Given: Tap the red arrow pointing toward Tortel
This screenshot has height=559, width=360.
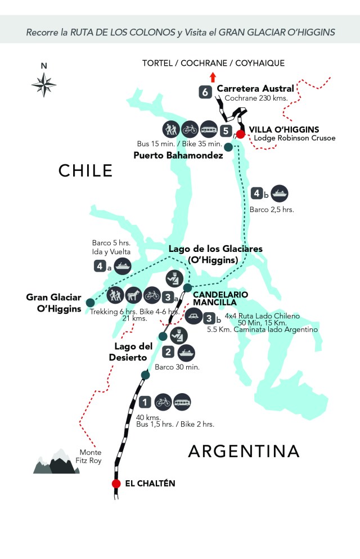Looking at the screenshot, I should [x=212, y=77].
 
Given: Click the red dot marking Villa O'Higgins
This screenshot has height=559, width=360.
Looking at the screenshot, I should [x=240, y=134].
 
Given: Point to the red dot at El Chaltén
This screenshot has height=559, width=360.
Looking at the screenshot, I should [x=116, y=484].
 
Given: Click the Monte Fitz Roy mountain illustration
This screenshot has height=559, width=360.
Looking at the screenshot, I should [x=57, y=462].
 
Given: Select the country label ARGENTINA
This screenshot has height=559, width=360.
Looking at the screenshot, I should [x=244, y=451].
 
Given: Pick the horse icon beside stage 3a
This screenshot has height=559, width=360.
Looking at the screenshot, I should [x=134, y=294].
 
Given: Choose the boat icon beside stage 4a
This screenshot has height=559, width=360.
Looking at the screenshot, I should [x=122, y=265].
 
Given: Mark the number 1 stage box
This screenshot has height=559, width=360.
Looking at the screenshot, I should [x=145, y=402].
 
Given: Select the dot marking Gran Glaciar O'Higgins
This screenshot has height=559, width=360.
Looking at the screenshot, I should [x=90, y=303].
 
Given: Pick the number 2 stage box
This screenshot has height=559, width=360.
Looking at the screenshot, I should [x=168, y=353].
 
